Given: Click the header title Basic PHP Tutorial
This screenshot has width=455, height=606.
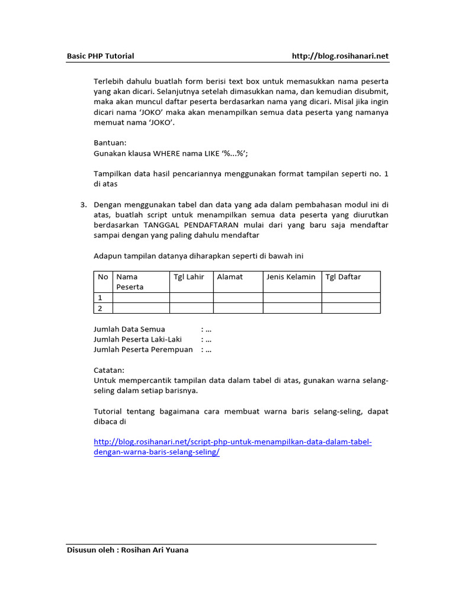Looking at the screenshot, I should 100,56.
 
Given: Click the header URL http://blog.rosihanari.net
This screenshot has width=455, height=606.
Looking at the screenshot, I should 340,56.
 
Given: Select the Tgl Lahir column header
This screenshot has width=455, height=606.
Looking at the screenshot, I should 188,277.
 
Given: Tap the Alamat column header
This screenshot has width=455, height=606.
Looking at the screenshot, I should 230,277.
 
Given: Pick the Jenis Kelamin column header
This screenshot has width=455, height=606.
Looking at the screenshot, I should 291,277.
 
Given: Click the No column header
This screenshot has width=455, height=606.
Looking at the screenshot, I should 103,277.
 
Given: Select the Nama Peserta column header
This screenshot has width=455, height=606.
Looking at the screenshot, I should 130,282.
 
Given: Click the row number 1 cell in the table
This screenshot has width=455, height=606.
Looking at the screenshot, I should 101,298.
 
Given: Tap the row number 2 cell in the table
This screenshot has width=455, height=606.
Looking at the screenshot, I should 101,308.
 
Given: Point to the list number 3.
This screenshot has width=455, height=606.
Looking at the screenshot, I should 84,205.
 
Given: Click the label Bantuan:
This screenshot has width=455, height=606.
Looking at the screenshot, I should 110,143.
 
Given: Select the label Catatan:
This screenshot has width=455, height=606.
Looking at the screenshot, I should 110,370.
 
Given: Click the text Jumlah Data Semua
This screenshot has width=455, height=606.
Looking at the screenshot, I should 130,329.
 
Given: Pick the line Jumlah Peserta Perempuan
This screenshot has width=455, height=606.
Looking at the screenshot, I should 143,349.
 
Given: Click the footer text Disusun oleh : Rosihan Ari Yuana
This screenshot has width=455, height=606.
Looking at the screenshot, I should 127,550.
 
